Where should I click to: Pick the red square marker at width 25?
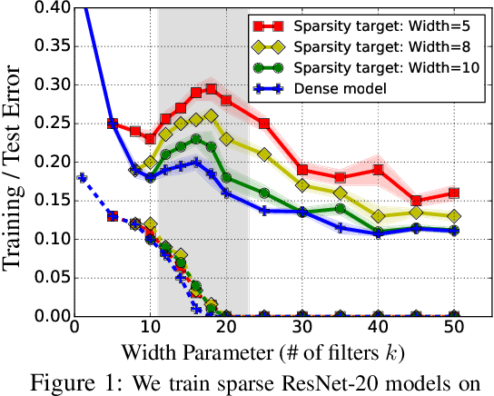[264, 124]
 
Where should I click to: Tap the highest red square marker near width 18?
[211, 89]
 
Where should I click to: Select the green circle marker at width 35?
[340, 208]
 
